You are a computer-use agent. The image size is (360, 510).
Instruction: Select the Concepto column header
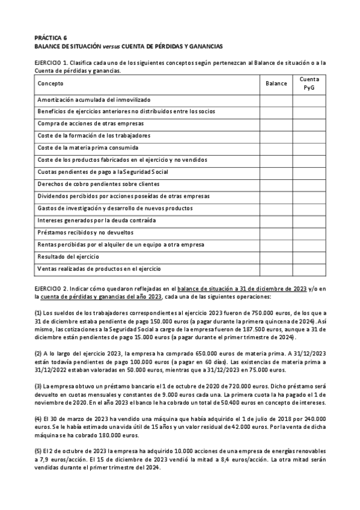tap(50, 84)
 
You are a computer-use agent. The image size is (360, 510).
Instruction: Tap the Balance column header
tap(276, 84)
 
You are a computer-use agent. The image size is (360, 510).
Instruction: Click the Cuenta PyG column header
tap(309, 84)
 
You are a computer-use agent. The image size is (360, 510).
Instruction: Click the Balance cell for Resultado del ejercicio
tap(276, 256)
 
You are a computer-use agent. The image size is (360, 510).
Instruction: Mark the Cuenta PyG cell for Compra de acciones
tap(309, 123)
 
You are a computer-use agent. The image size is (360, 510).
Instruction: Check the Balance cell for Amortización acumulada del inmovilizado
tap(276, 99)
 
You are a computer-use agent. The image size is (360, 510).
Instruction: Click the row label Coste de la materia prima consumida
tap(88, 147)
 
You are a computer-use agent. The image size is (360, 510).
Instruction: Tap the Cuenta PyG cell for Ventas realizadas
tap(309, 268)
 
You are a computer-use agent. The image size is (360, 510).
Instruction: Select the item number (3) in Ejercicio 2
tap(38, 386)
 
